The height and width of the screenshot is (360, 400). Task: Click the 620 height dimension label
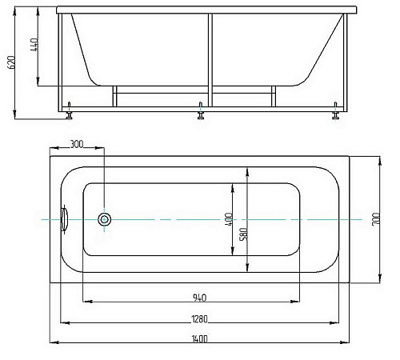tap(11, 62)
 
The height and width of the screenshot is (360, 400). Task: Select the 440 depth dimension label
tap(34, 45)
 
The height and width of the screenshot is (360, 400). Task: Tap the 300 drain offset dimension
tap(77, 144)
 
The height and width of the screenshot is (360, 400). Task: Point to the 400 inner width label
tap(229, 219)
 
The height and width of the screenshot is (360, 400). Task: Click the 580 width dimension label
tap(244, 234)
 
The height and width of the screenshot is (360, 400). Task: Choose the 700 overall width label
tap(376, 219)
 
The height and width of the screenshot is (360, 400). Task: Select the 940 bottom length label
tap(199, 298)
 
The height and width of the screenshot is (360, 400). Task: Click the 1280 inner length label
tap(199, 319)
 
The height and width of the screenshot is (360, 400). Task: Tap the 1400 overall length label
tap(199, 339)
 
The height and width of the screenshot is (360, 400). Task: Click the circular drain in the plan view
tap(104, 219)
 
